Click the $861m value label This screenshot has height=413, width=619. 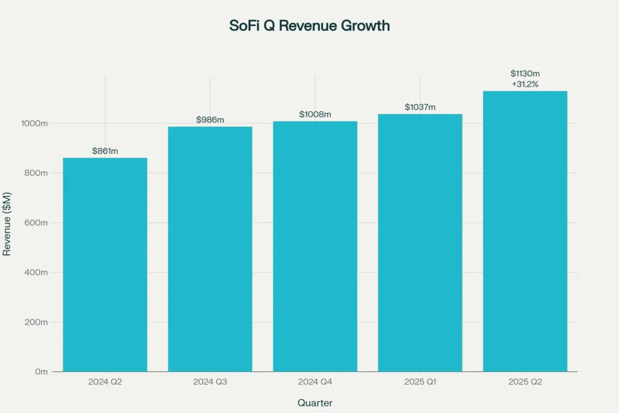pos(105,151)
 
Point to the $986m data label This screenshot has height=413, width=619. pos(210,120)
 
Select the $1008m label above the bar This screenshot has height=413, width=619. pos(315,114)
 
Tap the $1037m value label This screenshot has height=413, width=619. pos(420,107)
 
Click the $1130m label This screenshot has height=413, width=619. pos(525,73)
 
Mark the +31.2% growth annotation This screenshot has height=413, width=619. pos(525,84)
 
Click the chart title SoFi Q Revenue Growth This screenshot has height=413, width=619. pos(309,25)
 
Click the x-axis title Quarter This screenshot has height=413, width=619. pos(315,403)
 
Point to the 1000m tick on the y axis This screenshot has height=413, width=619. pos(34,123)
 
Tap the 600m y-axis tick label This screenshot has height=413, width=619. pos(36,223)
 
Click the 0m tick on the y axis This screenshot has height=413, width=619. pos(41,371)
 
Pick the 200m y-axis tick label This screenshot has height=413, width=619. pos(36,322)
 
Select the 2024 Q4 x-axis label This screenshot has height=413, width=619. pos(315,382)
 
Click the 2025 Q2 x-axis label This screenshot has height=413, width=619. pos(525,382)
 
